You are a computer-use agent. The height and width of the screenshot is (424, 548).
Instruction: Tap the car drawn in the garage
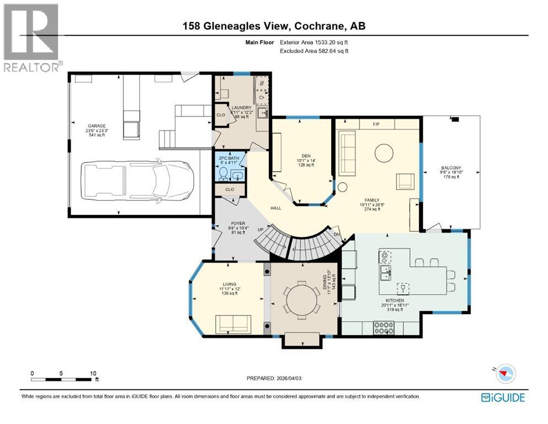137,181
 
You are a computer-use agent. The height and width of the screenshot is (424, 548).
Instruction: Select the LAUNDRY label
241,108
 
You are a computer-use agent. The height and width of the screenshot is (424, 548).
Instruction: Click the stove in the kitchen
384,328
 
